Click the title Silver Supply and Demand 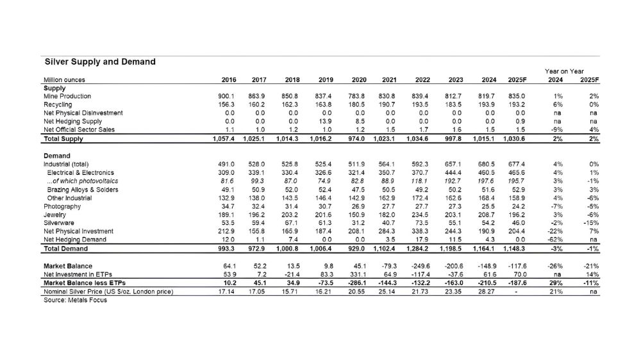tap(99, 62)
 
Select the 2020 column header tap(358, 80)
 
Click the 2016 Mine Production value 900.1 tap(228, 96)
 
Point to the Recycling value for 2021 tap(387, 104)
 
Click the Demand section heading tap(57, 156)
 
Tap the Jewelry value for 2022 tap(421, 215)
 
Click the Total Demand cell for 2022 tap(419, 249)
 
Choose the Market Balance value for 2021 tap(388, 266)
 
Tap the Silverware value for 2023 tap(456, 224)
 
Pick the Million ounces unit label tap(64, 80)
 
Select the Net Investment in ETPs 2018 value tap(293, 274)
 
